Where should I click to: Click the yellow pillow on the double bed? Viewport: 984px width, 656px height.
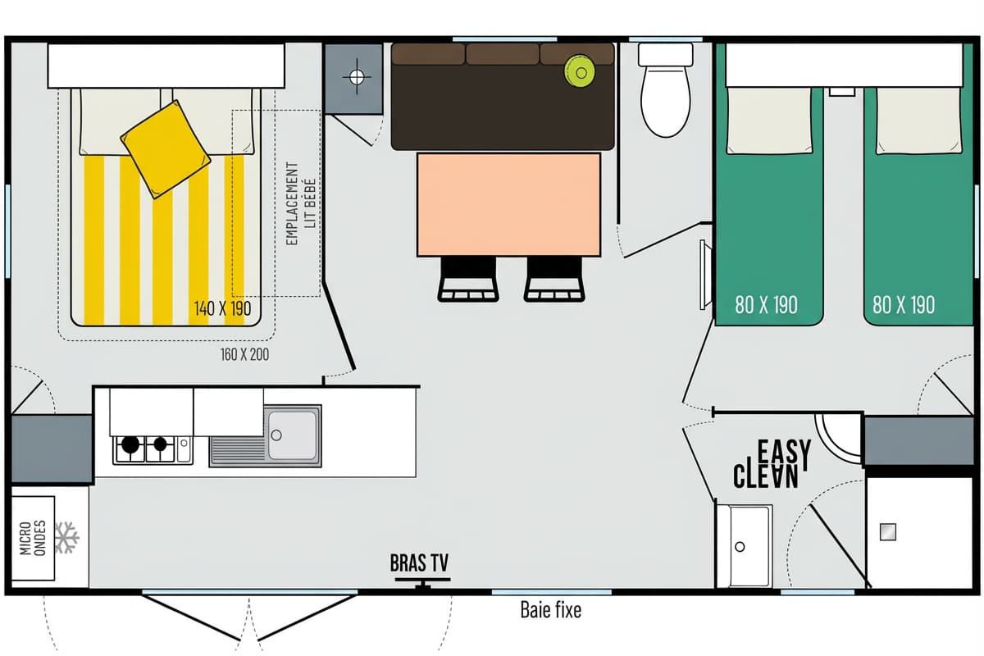click(165, 149)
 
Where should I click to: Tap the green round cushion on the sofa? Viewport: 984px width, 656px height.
click(581, 71)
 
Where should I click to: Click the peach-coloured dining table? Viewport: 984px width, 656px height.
click(508, 204)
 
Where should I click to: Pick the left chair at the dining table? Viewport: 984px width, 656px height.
click(468, 279)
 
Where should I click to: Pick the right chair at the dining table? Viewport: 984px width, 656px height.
click(554, 279)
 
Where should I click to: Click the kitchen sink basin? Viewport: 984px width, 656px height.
click(292, 435)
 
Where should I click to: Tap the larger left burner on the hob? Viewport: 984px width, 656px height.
click(130, 444)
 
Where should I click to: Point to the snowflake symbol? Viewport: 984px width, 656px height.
click(66, 537)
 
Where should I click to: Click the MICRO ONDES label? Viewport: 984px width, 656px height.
click(33, 538)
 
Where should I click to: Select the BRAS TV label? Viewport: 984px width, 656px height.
click(420, 563)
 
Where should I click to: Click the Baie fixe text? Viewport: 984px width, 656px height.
click(551, 610)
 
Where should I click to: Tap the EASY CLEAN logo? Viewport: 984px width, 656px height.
click(772, 464)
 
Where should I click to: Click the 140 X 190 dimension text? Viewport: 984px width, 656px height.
click(223, 308)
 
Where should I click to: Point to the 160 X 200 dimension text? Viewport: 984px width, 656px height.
click(244, 354)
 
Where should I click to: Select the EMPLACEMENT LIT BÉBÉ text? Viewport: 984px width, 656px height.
click(301, 203)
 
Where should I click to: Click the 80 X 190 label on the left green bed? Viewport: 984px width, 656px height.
click(766, 304)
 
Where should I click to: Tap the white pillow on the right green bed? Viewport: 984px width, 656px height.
click(918, 121)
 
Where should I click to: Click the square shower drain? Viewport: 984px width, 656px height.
click(888, 532)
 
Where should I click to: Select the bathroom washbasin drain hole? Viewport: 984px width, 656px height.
click(740, 547)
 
